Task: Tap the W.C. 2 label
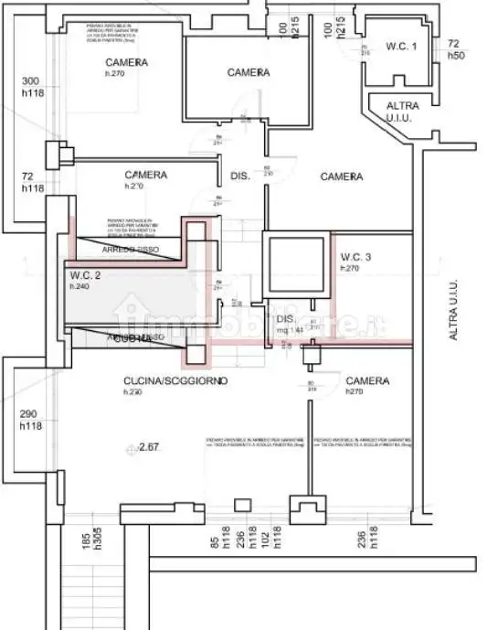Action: pos(85,275)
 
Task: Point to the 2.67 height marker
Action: pos(148,447)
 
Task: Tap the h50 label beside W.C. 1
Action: pos(454,55)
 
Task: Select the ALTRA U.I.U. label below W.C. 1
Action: pos(403,112)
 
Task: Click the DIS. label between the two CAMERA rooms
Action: pos(240,176)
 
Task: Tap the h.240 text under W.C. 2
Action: pos(79,286)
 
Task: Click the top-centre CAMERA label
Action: pos(248,72)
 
